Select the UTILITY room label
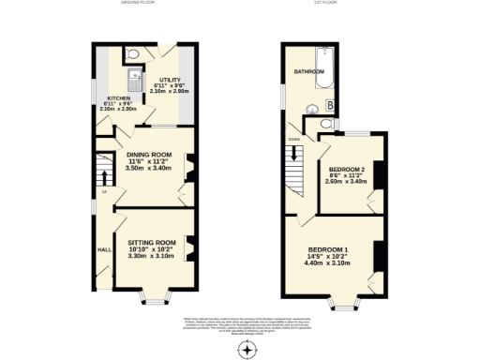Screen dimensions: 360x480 [x=170, y=81]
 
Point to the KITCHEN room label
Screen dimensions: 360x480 [x=119, y=97]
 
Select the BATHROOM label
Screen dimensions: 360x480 [x=308, y=70]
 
